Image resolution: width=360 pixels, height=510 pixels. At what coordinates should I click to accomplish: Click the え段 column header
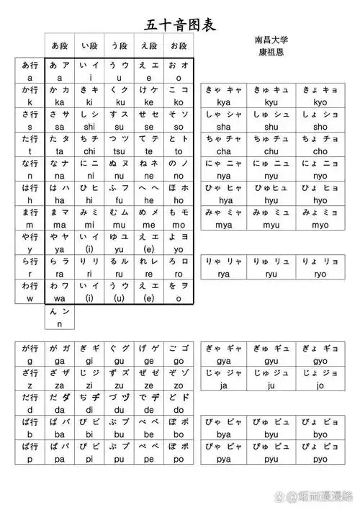click(148, 45)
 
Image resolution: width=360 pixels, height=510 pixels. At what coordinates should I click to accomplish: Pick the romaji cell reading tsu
click(120, 151)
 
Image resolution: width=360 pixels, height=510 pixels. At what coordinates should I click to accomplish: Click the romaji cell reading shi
click(89, 127)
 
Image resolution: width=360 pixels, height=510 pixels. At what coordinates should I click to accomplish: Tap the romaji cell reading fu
click(120, 200)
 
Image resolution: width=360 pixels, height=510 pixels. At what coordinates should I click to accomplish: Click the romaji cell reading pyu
click(271, 458)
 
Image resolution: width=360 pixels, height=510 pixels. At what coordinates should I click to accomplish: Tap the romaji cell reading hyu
click(271, 200)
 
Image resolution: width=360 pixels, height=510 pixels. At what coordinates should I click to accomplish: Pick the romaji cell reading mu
click(120, 225)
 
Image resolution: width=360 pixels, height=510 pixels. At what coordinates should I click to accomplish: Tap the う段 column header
click(119, 45)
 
